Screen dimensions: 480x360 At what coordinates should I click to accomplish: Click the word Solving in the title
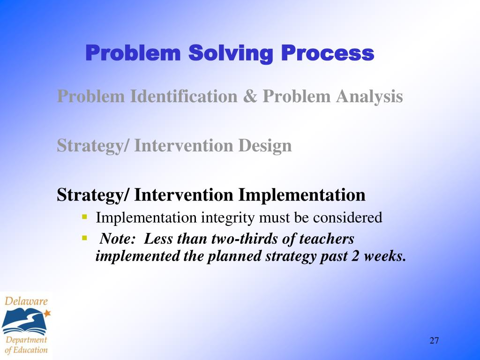pyautogui.click(x=231, y=54)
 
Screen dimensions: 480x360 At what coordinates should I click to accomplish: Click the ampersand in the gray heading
pyautogui.click(x=250, y=96)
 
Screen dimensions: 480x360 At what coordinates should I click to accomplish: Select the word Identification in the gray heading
pyautogui.click(x=184, y=96)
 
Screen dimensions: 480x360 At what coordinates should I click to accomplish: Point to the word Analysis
pyautogui.click(x=369, y=97)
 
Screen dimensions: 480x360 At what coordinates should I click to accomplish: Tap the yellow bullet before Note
pyautogui.click(x=85, y=238)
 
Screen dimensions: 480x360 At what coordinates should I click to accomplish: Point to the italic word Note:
pyautogui.click(x=118, y=239)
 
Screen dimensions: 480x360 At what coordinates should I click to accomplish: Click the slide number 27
pyautogui.click(x=434, y=340)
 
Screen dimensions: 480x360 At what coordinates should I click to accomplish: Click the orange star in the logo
pyautogui.click(x=47, y=313)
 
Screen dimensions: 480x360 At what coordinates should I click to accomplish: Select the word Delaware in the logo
pyautogui.click(x=26, y=301)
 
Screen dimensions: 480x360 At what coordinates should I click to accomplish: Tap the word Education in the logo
pyautogui.click(x=30, y=350)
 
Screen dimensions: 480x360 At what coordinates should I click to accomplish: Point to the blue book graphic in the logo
pyautogui.click(x=24, y=321)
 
